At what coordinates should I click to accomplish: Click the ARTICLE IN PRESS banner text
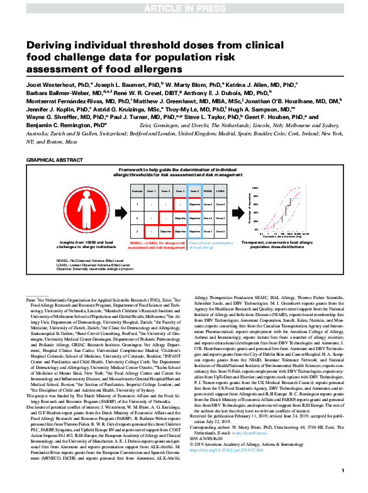184,7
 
